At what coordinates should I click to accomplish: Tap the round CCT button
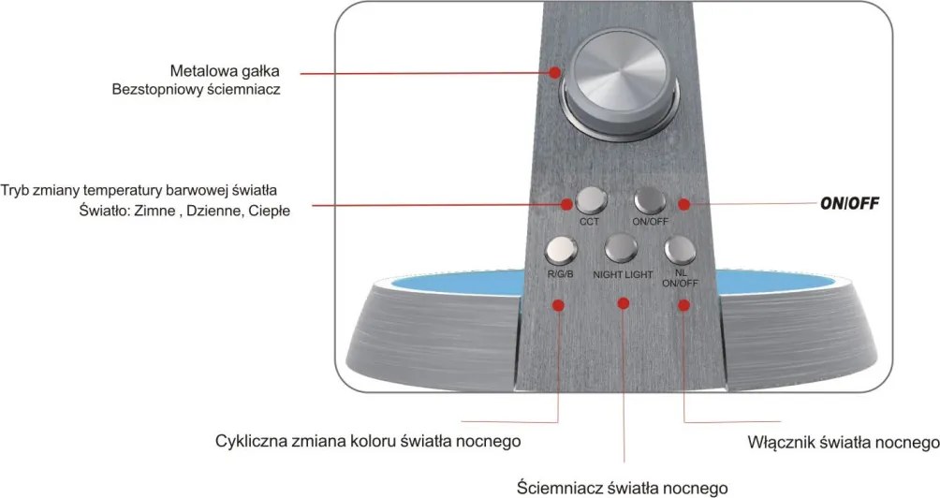click(x=591, y=200)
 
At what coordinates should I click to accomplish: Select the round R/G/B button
click(x=561, y=250)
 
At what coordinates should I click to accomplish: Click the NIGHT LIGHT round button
click(x=621, y=247)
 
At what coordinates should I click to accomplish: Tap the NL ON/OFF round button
click(x=680, y=250)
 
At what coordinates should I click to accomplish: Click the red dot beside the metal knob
click(x=555, y=72)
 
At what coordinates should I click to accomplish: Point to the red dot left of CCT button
click(x=565, y=204)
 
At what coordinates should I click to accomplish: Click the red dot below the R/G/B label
click(x=558, y=305)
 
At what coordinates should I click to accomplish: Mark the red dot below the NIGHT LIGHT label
click(x=624, y=303)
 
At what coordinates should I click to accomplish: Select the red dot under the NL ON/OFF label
click(x=683, y=305)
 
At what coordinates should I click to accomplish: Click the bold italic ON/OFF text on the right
click(x=849, y=203)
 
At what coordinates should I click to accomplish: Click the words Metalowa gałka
click(x=225, y=71)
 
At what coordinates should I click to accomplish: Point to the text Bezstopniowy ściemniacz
click(x=196, y=90)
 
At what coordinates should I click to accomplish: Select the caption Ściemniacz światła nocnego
click(x=623, y=487)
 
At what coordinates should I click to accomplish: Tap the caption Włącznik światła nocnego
click(x=844, y=442)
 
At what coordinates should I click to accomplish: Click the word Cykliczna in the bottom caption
click(x=251, y=441)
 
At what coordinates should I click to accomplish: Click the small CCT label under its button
click(x=589, y=222)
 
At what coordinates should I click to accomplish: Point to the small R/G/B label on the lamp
click(x=561, y=274)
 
